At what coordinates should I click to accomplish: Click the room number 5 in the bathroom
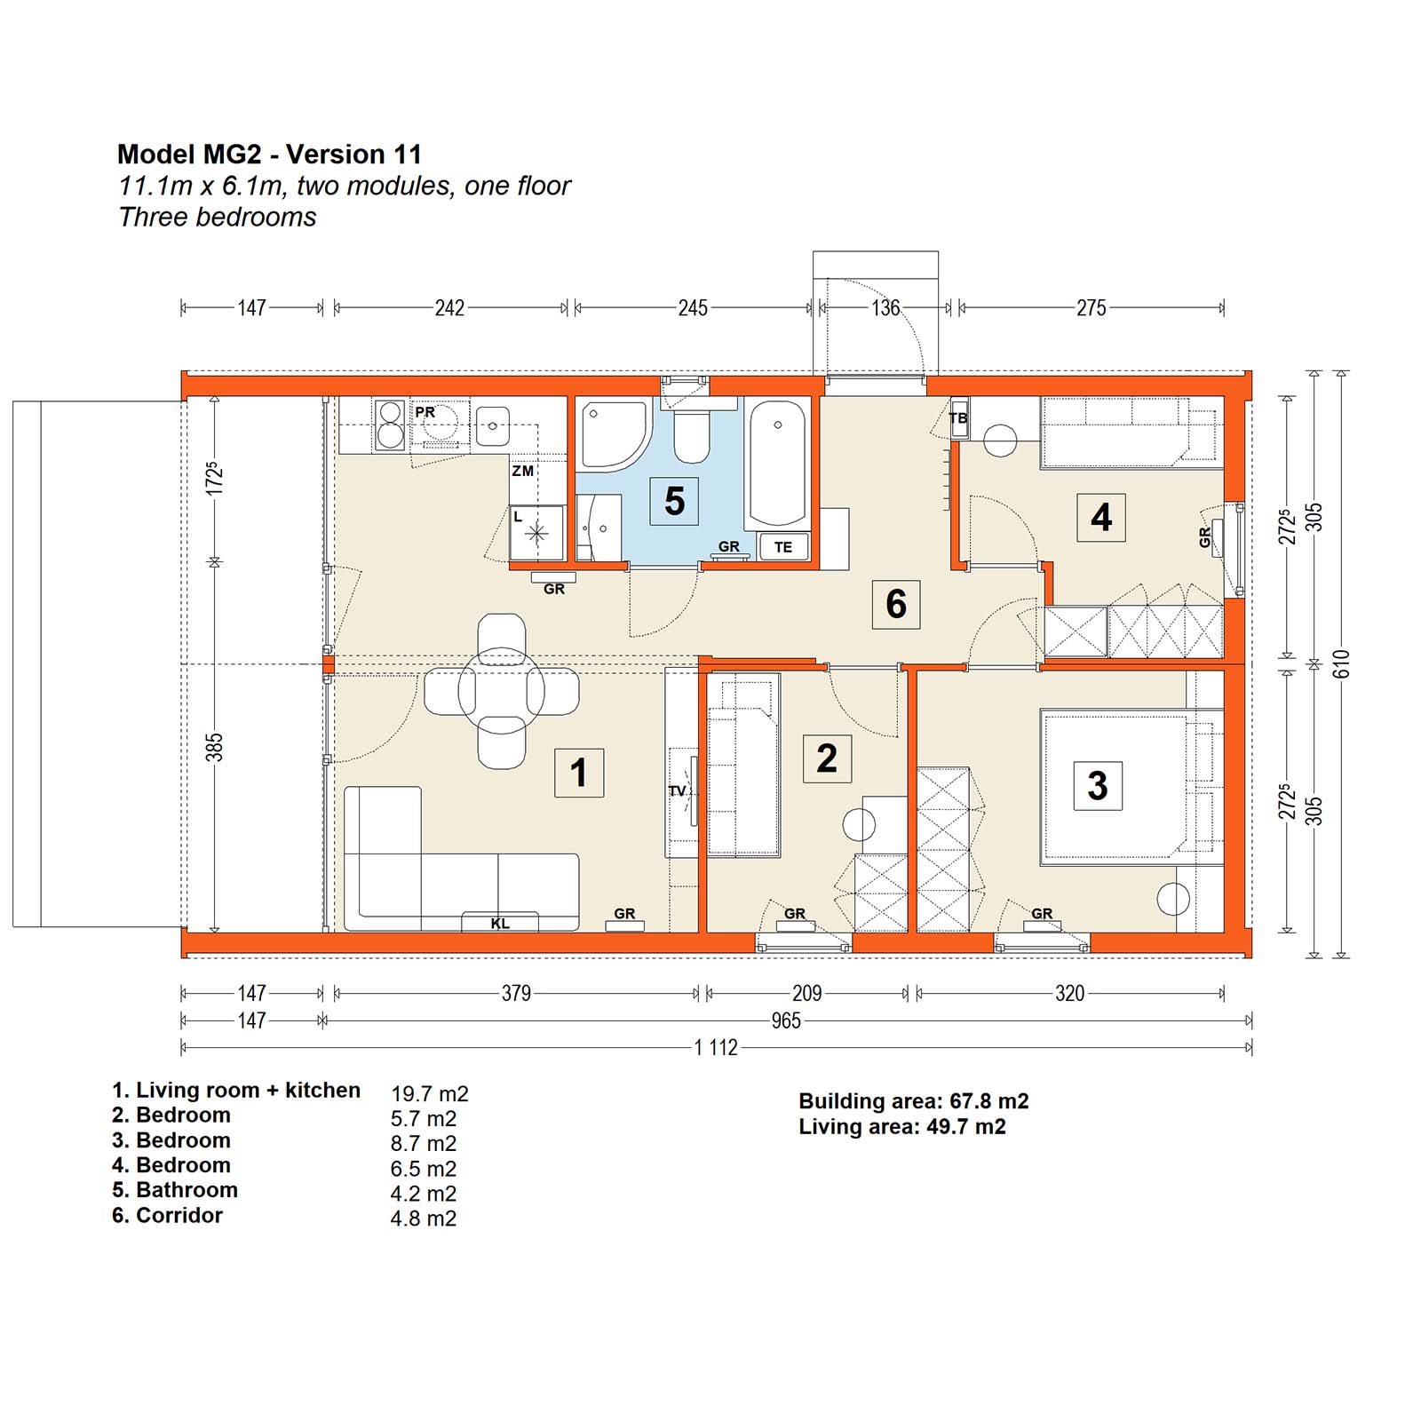(675, 501)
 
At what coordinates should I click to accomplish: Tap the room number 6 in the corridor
(896, 604)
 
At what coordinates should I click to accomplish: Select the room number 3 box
(1098, 785)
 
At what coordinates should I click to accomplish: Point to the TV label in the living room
(677, 791)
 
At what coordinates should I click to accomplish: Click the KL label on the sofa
(500, 924)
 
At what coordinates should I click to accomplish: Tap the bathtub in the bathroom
(778, 463)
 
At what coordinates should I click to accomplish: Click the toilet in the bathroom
(692, 430)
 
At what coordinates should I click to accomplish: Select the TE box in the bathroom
(783, 547)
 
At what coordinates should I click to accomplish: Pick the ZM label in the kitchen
(523, 471)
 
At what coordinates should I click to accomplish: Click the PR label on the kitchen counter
(425, 412)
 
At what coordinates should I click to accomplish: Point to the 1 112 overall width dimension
(716, 1048)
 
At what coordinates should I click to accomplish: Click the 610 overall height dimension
(1341, 663)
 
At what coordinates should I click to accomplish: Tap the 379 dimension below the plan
(516, 993)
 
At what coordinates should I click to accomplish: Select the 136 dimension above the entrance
(885, 308)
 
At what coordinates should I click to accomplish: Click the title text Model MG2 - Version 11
(269, 155)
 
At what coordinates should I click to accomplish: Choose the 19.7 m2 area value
(430, 1094)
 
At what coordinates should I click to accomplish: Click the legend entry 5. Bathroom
(175, 1190)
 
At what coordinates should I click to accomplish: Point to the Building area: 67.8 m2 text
(914, 1101)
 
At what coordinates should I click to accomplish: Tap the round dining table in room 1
(502, 691)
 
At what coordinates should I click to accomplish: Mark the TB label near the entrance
(958, 418)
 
